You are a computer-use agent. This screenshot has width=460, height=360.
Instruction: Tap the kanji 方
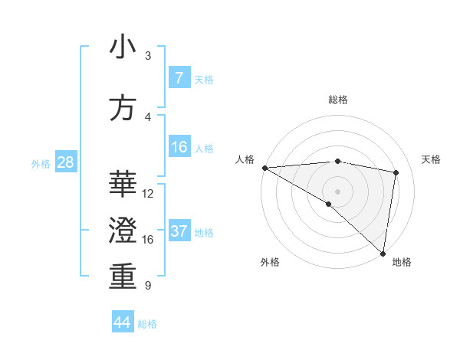[x=123, y=108]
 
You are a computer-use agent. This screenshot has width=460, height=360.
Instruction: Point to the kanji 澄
[x=123, y=229]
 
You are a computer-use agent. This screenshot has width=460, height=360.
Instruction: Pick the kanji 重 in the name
[x=123, y=276]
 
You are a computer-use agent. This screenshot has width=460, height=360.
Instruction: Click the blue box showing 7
[x=179, y=78]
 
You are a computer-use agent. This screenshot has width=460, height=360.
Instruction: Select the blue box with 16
[x=179, y=147]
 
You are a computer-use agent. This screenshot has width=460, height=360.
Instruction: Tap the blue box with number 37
[x=179, y=231]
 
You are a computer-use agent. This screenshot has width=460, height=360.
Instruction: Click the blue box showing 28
[x=64, y=162]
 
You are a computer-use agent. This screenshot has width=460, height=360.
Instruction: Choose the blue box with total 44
[x=122, y=322]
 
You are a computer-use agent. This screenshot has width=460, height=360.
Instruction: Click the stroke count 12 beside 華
[x=149, y=194]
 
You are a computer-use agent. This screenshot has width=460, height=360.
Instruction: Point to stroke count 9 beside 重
[x=147, y=286]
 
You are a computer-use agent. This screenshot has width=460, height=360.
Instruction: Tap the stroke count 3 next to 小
[x=147, y=55]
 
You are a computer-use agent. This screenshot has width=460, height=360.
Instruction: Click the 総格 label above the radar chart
[x=337, y=100]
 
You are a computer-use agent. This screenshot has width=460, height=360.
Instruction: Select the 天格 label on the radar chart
[x=431, y=159]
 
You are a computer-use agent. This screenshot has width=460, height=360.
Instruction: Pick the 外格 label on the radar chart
[x=269, y=262]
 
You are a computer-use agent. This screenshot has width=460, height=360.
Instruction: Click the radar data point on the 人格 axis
[x=264, y=168]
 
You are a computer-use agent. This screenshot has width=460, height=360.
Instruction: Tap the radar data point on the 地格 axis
[x=383, y=253]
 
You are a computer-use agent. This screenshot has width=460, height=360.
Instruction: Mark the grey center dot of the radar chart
[x=337, y=190]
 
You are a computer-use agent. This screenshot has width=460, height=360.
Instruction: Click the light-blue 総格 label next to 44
[x=147, y=324]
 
